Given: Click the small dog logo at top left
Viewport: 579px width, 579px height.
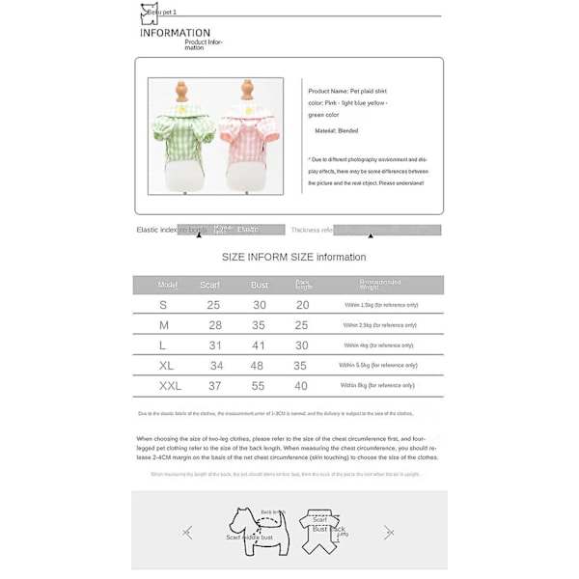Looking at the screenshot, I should (148, 13).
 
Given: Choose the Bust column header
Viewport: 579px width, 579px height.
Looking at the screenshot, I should (260, 286).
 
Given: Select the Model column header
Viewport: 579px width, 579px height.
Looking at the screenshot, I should (168, 285).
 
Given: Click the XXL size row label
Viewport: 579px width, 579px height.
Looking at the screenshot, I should (170, 385).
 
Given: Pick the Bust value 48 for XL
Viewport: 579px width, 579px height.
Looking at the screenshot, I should (257, 366).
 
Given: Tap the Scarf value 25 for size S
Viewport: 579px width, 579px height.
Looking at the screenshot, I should (213, 305).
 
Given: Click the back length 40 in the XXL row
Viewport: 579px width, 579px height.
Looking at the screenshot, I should (301, 385).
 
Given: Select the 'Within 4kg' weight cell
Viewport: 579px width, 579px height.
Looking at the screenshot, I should (378, 345).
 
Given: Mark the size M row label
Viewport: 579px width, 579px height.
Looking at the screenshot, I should (164, 325).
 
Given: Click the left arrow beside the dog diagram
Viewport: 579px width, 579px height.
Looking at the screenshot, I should (187, 532).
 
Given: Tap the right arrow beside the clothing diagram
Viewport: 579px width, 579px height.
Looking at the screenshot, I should (388, 532).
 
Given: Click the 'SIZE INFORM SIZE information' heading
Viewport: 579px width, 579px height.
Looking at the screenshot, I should (293, 257).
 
